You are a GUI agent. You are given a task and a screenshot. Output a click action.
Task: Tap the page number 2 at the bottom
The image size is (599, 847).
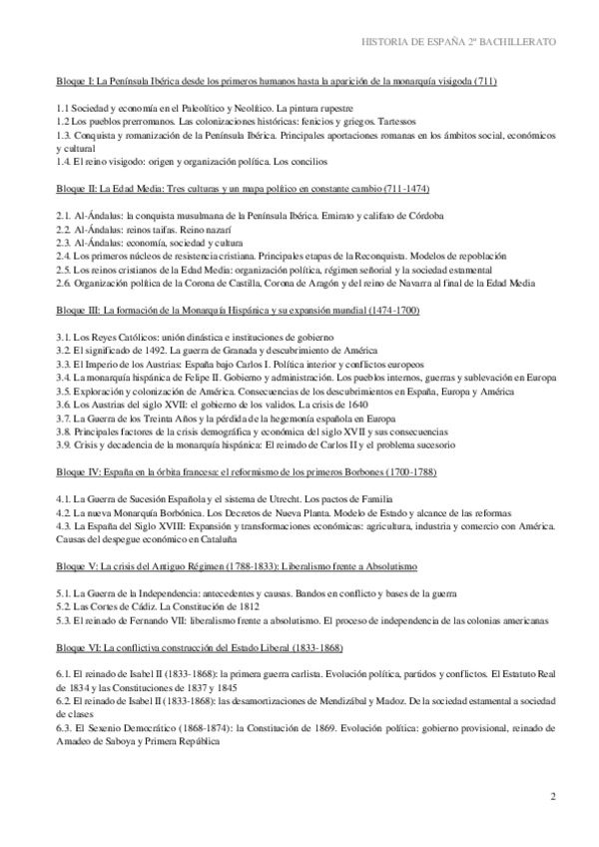(553, 796)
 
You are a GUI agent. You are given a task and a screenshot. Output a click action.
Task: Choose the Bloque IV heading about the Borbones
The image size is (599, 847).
(246, 469)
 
